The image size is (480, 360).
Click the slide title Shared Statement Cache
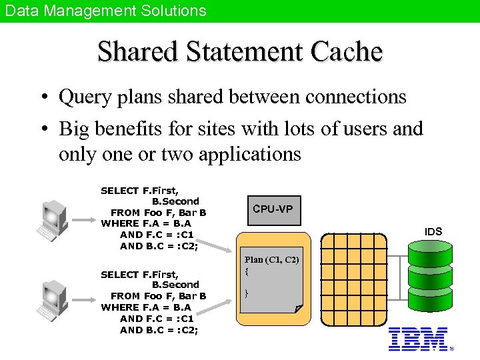(240, 52)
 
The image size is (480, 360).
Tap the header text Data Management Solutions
(105, 11)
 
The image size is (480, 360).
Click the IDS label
(433, 231)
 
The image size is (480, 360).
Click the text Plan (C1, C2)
(272, 260)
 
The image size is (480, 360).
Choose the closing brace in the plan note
(247, 293)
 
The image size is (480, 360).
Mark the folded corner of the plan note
(297, 308)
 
